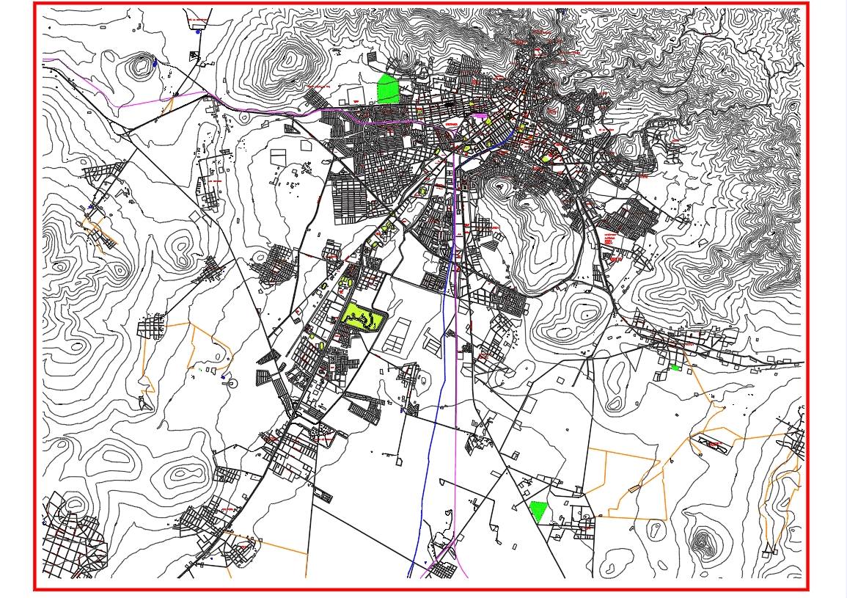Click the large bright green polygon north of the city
pos(388,90)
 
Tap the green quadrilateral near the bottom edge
pos(538,511)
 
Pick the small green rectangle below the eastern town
pos(675,368)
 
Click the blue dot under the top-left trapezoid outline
pos(198,32)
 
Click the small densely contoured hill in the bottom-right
pos(703,542)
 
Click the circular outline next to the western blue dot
pos(233,382)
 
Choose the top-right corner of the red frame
pos(807,4)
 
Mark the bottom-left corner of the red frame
pos(35,588)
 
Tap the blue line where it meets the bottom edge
pos(409,577)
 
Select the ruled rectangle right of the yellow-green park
pos(395,334)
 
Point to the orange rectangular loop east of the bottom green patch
pos(635,484)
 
